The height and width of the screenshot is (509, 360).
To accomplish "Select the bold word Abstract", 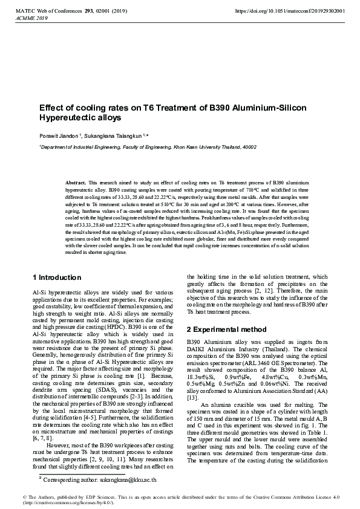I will coord(76,182).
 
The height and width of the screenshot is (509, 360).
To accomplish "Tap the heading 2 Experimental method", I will coord(226,329).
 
